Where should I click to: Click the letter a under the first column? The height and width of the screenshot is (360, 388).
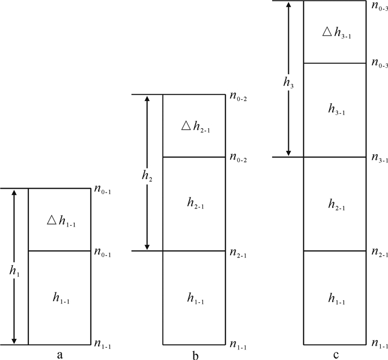59,351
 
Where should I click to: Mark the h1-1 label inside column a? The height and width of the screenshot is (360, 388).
61,300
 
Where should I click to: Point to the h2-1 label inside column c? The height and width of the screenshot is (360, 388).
336,205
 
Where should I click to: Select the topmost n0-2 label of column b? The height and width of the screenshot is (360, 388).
238,96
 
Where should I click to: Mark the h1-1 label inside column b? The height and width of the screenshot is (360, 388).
196,300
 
